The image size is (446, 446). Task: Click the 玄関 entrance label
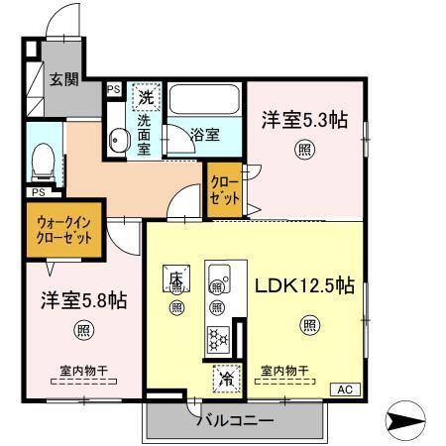point(64,79)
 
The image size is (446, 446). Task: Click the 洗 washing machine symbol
point(146,98)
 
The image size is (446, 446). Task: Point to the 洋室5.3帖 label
point(303,121)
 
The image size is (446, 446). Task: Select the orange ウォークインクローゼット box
point(64,231)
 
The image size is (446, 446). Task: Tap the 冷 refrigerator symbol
point(226,378)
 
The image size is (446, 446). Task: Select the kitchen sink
point(218,275)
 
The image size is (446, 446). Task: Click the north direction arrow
point(408,421)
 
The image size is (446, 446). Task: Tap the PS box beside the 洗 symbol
point(113,89)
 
